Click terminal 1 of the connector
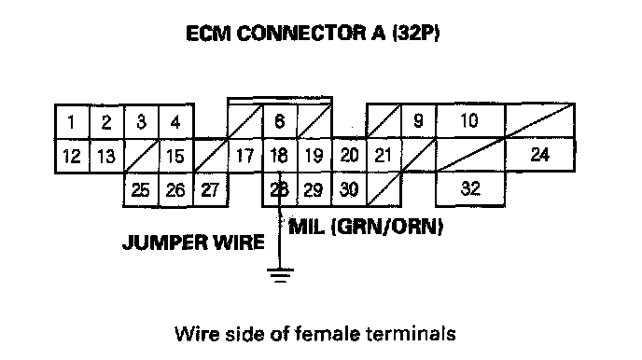pos(72,121)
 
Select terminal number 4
pos(176,121)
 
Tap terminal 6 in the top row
pos(280,121)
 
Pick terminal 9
pos(418,121)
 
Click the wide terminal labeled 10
pos(470,121)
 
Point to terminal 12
pos(72,156)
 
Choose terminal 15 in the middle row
pos(176,156)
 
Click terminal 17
pos(244,156)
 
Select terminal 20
pos(349,156)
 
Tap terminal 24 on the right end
pos(540,155)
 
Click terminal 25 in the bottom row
pos(141,190)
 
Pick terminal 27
pos(211,190)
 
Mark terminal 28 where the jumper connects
pos(280,189)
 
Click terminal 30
pos(349,189)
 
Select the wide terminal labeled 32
pos(470,188)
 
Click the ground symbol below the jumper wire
pos(280,275)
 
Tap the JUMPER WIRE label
pos(193,242)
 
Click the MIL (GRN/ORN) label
pos(366,227)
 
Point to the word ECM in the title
pos(208,34)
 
